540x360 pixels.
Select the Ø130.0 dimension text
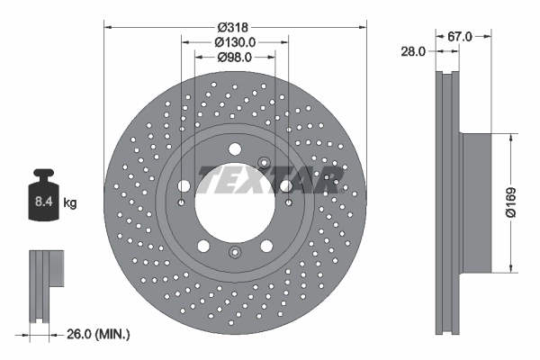click(x=236, y=41)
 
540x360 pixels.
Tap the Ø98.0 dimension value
click(x=236, y=58)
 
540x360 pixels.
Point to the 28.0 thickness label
click(x=413, y=52)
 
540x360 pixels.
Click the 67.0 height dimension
click(x=460, y=36)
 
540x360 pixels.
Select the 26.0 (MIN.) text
click(x=98, y=334)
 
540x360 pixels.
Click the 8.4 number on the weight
click(x=43, y=202)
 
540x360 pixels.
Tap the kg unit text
click(x=69, y=203)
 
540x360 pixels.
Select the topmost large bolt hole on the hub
click(x=234, y=149)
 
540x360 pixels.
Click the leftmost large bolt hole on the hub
click(x=184, y=186)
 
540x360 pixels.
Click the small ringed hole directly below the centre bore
click(x=234, y=252)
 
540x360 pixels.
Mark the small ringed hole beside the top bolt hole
click(x=265, y=162)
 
